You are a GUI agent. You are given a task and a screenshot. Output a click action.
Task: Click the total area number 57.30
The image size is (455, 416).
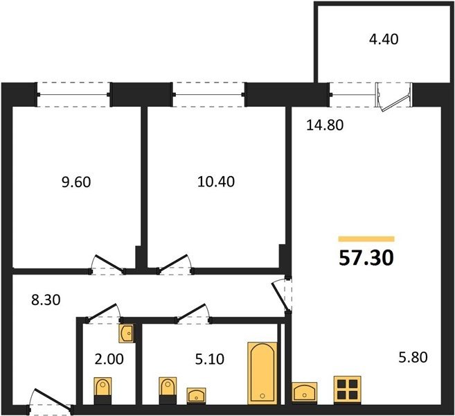(x=366, y=258)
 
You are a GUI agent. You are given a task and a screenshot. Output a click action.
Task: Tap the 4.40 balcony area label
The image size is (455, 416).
(x=384, y=40)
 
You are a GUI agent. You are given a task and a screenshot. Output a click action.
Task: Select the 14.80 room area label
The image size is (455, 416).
(x=325, y=125)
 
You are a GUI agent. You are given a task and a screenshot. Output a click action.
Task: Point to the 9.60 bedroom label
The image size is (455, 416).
(x=76, y=182)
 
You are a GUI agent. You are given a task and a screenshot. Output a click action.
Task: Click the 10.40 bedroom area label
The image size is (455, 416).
(x=216, y=182)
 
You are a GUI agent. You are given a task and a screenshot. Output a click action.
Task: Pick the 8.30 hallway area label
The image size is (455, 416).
(x=46, y=300)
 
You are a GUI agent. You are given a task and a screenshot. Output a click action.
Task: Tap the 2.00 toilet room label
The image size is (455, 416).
(x=109, y=359)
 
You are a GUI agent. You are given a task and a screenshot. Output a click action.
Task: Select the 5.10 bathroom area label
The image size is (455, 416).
(x=210, y=359)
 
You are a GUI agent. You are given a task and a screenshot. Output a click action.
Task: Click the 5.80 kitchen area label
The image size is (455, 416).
(x=413, y=357)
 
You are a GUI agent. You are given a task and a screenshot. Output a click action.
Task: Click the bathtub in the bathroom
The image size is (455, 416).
(x=262, y=373)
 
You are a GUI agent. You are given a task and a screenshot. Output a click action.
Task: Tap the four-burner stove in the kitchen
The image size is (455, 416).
(x=348, y=390)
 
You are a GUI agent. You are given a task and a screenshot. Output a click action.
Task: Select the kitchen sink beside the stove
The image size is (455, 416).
(x=305, y=392)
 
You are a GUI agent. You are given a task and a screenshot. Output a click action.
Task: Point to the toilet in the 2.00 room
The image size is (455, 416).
(x=102, y=391)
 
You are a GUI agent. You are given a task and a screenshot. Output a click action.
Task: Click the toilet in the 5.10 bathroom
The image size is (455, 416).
(x=168, y=391)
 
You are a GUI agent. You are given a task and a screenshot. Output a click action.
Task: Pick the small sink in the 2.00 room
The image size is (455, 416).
(x=127, y=333)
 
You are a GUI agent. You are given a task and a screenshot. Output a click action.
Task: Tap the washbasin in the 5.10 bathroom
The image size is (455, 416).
(x=196, y=396)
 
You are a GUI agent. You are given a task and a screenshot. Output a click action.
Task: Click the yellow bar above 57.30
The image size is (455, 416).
(x=366, y=239)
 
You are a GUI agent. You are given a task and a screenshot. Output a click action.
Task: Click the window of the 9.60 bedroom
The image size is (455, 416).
(x=73, y=95)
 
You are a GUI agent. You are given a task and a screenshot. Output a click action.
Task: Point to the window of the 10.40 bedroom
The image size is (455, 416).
(x=208, y=95)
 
